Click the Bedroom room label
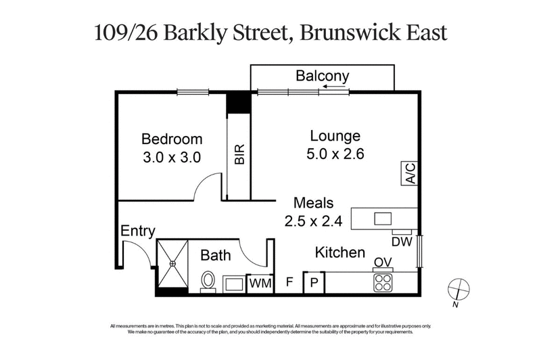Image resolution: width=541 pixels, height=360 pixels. click(x=172, y=139)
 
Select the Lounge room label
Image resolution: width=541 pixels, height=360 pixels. click(x=335, y=135)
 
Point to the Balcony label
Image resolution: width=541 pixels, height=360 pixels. click(x=322, y=76)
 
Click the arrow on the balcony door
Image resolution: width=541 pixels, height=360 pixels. click(x=335, y=87)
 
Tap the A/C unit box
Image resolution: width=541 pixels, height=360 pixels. click(x=410, y=173)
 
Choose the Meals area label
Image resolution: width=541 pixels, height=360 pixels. click(x=313, y=202)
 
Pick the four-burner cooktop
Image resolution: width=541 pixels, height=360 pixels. click(x=383, y=282)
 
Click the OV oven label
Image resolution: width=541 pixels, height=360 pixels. click(x=383, y=263)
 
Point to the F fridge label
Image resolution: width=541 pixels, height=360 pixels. click(x=289, y=282)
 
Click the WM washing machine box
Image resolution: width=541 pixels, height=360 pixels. click(x=260, y=284)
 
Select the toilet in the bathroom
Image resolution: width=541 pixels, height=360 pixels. click(x=208, y=279)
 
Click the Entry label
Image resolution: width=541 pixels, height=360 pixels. click(x=138, y=231)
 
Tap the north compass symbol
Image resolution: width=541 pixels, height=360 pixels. click(x=459, y=289)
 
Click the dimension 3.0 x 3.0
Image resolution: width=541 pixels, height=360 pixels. click(x=172, y=156)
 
